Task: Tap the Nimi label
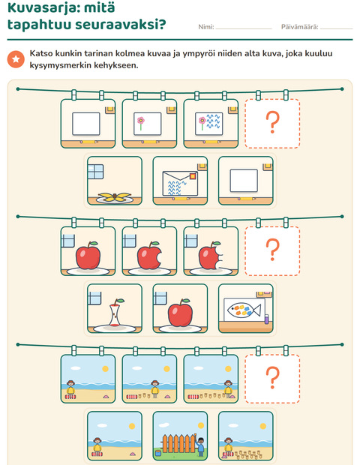(x=205, y=27)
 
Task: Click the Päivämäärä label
(x=299, y=27)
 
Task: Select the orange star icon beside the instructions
(x=16, y=59)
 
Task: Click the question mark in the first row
(x=272, y=122)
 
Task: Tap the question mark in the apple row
(x=272, y=250)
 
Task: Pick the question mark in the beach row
(x=272, y=377)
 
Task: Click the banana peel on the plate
(x=115, y=197)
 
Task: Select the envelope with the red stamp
(x=180, y=184)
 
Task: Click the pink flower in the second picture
(x=140, y=123)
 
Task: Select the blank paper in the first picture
(x=86, y=124)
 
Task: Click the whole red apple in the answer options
(x=180, y=313)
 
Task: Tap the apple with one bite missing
(x=149, y=255)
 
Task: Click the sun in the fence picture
(x=201, y=425)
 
